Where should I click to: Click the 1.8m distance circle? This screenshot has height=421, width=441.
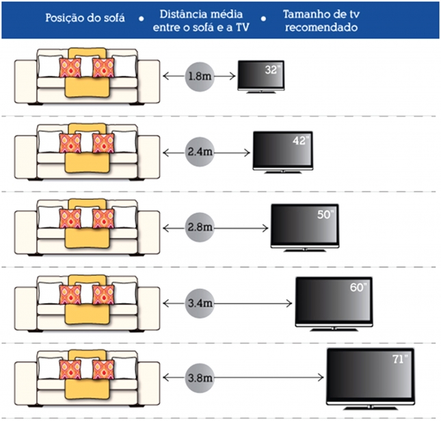pos(200,76)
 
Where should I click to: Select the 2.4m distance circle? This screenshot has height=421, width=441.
pos(200,152)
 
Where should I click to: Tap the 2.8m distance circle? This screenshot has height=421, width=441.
pos(200,227)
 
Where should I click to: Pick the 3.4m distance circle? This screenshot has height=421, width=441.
pos(200,303)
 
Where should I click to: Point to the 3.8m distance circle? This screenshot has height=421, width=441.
pos(200,378)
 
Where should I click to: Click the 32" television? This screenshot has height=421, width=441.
pos(261,77)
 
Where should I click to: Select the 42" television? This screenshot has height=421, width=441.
pos(283,152)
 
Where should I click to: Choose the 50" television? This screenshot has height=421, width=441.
pos(305,227)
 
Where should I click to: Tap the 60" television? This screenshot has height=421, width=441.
pos(334,304)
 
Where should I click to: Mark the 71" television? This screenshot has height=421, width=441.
pos(371,379)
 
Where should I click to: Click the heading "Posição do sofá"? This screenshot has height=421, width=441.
pos(85,18)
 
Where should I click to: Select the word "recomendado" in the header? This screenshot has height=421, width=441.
pos(321,27)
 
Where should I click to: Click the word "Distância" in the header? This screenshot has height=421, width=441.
pos(185,14)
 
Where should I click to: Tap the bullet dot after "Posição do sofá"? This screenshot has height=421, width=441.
pos(141,19)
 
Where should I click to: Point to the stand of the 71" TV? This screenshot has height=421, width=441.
pos(371,407)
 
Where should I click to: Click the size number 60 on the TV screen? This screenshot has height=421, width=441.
pos(356,288)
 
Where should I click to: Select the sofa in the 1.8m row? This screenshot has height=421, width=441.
pos(88,76)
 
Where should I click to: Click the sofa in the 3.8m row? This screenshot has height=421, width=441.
pos(88,378)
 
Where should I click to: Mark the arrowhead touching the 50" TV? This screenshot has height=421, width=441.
pos(265,228)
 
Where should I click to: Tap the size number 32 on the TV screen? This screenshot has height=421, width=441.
pos(271,70)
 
